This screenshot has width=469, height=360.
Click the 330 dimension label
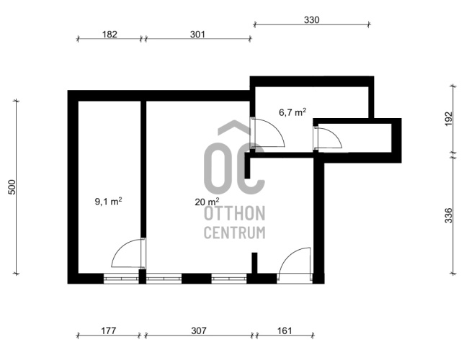312,19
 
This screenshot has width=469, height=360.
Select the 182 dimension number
110,35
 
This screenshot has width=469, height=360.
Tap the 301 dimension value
197,35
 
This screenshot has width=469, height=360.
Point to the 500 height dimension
12,187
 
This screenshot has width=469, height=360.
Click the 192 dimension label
449,119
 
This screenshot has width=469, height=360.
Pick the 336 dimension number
449,215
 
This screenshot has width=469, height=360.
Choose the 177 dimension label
108,330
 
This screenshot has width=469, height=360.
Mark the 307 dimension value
199,330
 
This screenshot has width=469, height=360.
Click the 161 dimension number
284,330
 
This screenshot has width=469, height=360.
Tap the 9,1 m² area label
108,201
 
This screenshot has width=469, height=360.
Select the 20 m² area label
207,202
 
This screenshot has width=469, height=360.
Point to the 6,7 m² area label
292,112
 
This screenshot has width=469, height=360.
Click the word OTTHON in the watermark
235,213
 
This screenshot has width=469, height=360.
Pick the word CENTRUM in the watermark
235,233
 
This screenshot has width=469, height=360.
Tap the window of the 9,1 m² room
121,279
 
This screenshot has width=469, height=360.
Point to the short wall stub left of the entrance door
254,263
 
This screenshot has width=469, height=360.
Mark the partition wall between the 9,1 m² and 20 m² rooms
143,169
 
